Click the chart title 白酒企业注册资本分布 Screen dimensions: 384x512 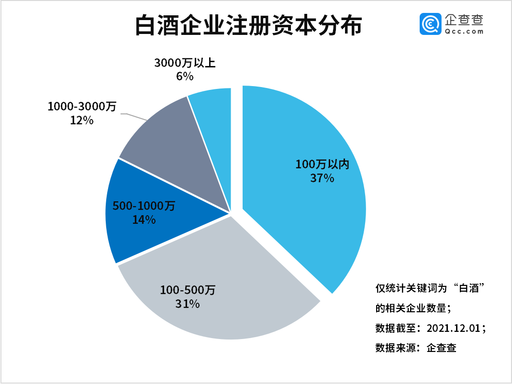click(247, 26)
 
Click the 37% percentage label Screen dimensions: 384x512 click(322, 178)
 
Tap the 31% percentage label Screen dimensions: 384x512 click(187, 303)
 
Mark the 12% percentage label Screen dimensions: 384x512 click(81, 120)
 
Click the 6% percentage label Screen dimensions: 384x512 click(185, 76)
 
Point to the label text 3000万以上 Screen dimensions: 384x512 click(185, 63)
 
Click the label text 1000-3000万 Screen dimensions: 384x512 click(82, 107)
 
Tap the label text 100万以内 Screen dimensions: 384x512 click(323, 165)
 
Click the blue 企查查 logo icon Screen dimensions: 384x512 click(430, 24)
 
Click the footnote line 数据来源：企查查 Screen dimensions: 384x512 click(416, 348)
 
